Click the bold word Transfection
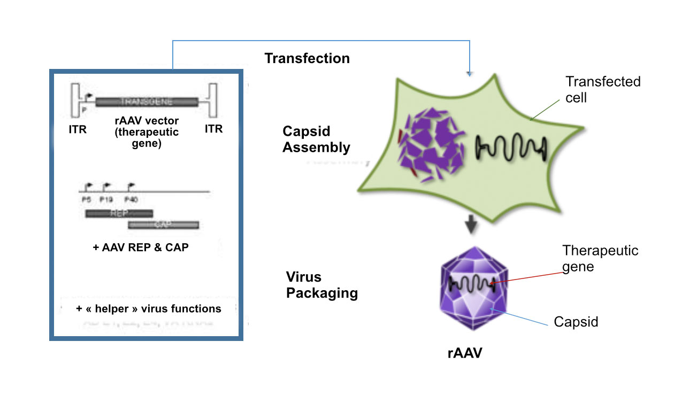tap(307, 58)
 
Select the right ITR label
tap(214, 129)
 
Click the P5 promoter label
tap(87, 199)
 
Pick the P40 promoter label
tap(132, 199)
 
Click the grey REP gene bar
tap(119, 213)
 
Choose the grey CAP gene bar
tap(163, 224)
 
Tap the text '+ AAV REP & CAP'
tap(141, 247)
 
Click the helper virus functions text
tap(148, 308)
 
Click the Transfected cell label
tap(603, 89)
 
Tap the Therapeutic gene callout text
tap(600, 259)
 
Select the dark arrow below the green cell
tap(470, 225)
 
